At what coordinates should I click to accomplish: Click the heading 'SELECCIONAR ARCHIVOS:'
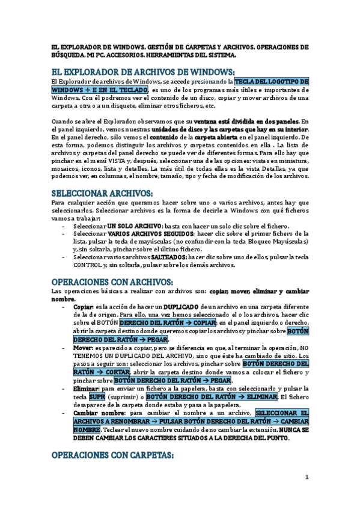pos(102,193)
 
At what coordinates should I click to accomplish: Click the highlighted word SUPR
pos(97,397)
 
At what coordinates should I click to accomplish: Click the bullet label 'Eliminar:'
pos(87,389)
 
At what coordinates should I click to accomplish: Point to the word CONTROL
pos(87,265)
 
